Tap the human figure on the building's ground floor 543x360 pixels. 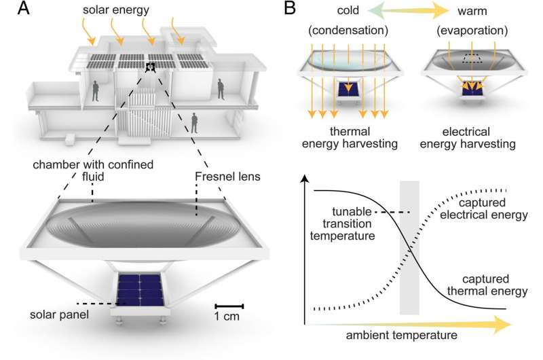[x=196, y=122]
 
